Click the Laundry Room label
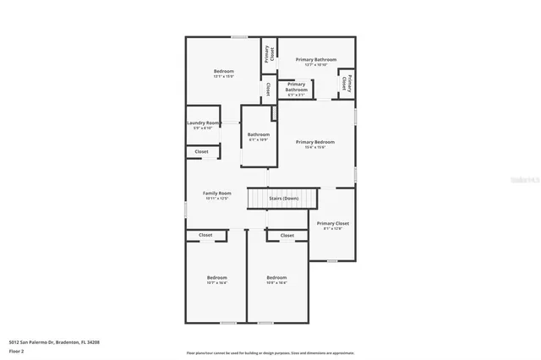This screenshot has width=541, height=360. [203, 123]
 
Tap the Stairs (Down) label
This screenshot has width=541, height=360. [283, 199]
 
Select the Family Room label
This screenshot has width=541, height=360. [216, 194]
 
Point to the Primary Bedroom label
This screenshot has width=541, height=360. [315, 142]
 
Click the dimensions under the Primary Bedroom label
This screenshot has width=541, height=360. [315, 148]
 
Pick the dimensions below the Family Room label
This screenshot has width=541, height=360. [216, 199]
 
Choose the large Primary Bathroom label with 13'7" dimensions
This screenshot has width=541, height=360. [316, 60]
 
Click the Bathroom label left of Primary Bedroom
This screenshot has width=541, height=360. [259, 134]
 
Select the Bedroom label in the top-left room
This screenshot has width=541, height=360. [223, 71]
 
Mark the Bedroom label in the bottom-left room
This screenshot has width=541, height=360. [217, 278]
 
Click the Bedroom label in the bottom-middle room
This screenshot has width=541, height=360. [276, 278]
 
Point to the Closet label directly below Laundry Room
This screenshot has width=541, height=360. [202, 152]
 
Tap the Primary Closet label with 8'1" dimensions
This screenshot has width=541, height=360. [333, 224]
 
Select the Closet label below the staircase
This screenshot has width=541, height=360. [287, 235]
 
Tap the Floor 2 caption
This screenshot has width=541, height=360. [16, 351]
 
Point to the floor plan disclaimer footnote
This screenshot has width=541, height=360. [270, 353]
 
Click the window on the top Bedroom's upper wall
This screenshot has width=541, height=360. [240, 36]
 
